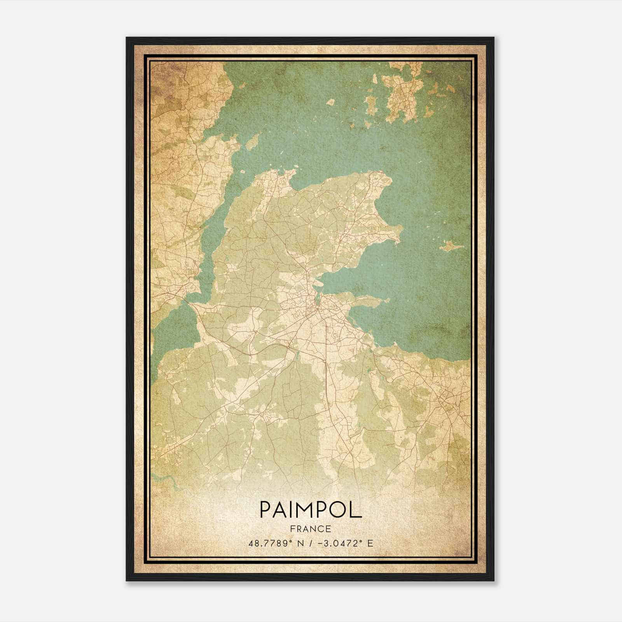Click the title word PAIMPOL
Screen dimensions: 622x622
tap(310, 510)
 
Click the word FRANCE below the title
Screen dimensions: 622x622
tap(310, 529)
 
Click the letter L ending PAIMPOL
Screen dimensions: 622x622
tap(356, 510)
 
